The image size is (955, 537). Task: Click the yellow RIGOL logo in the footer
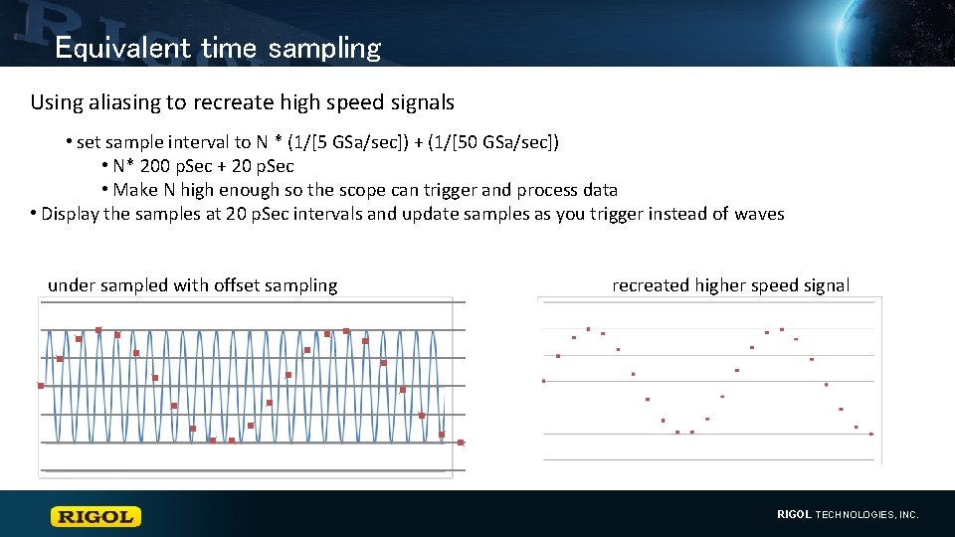click(x=96, y=516)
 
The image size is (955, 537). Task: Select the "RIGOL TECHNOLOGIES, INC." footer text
click(x=848, y=515)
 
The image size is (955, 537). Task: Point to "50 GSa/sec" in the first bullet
click(x=497, y=142)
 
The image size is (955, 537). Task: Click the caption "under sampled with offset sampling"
click(x=192, y=285)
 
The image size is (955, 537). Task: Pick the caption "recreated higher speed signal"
click(x=730, y=285)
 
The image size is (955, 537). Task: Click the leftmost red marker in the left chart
click(x=41, y=386)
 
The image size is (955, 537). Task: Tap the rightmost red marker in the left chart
click(x=461, y=443)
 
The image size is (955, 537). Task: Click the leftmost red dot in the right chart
click(x=543, y=381)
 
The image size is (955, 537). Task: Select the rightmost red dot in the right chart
click(x=871, y=434)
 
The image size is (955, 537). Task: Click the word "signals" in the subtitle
click(x=424, y=102)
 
